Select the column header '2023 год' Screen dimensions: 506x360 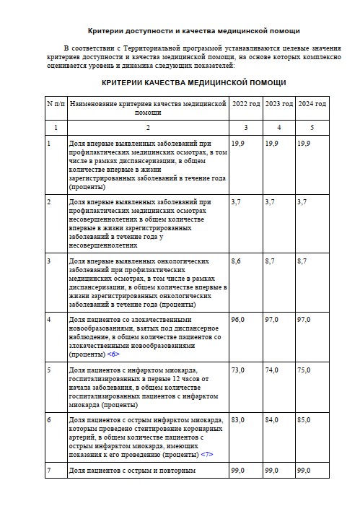pyautogui.click(x=278, y=105)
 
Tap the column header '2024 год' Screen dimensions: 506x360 pyautogui.click(x=312, y=105)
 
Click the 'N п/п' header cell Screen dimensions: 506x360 pyautogui.click(x=56, y=105)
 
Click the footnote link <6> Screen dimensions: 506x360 pyautogui.click(x=113, y=354)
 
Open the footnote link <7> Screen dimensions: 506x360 pyautogui.click(x=207, y=455)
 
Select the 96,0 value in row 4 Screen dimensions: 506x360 pyautogui.click(x=238, y=319)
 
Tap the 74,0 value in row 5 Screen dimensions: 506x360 pyautogui.click(x=272, y=370)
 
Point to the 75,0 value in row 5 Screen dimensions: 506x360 pyautogui.click(x=304, y=370)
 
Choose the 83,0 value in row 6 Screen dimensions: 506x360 pyautogui.click(x=238, y=420)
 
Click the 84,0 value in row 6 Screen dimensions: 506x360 pyautogui.click(x=272, y=420)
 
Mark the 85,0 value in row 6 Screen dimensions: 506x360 pyautogui.click(x=304, y=420)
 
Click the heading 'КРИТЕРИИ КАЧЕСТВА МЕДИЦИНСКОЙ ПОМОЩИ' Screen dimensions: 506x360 pyautogui.click(x=193, y=82)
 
